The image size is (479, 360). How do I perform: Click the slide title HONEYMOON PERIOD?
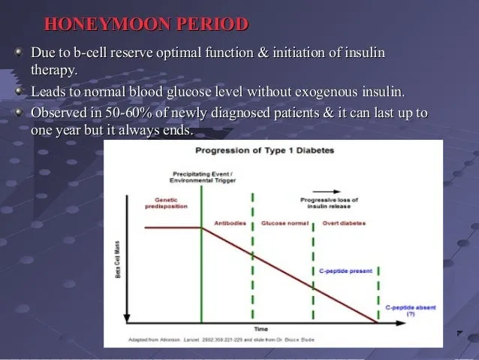pyautogui.click(x=146, y=24)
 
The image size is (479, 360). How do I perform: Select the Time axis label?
pyautogui.click(x=261, y=329)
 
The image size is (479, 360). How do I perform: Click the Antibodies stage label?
pyautogui.click(x=230, y=223)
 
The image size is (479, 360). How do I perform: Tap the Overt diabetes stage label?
pyautogui.click(x=343, y=223)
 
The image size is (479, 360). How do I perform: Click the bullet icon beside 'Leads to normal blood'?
pyautogui.click(x=20, y=92)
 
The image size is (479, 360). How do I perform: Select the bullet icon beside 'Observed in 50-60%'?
pyautogui.click(x=20, y=113)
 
